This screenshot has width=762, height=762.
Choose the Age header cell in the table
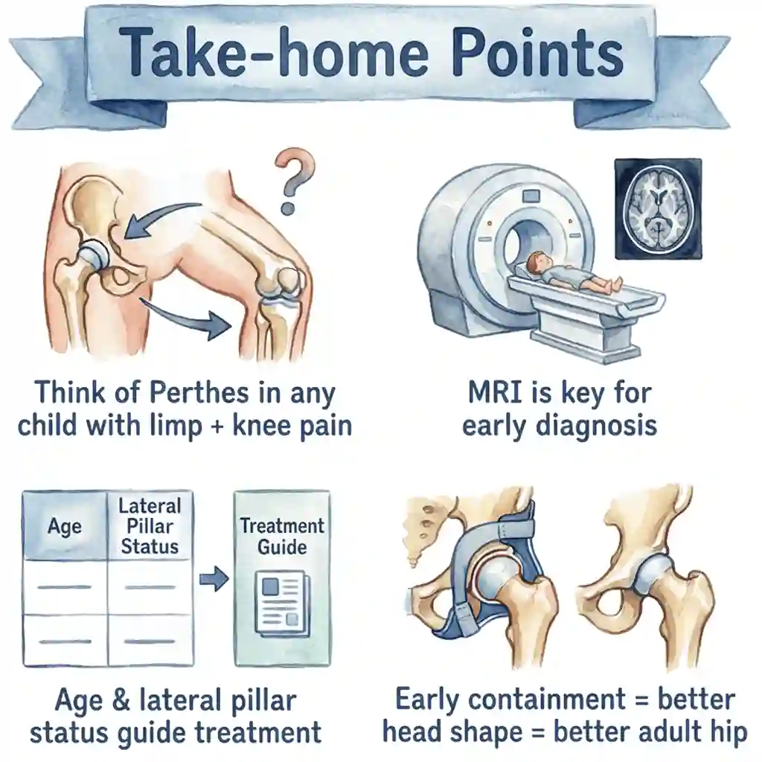(65, 527)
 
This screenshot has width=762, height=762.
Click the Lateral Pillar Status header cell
(150, 526)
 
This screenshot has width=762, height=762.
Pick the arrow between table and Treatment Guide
(214, 578)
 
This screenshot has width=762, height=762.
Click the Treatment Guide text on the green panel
(282, 537)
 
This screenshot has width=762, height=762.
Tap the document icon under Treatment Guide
(281, 601)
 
